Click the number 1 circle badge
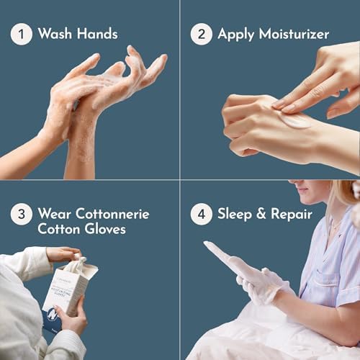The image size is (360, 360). click(x=22, y=34)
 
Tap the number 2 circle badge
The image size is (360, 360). click(x=202, y=34)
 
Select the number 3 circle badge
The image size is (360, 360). click(x=22, y=214)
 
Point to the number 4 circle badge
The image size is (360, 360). click(x=202, y=214)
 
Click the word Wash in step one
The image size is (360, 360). click(x=56, y=34)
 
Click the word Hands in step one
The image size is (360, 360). click(x=97, y=34)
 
